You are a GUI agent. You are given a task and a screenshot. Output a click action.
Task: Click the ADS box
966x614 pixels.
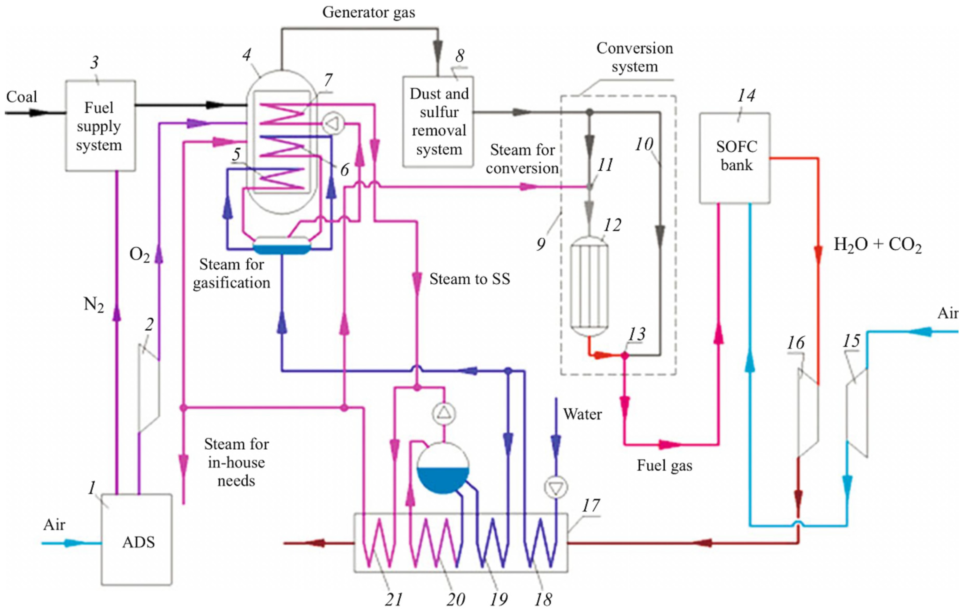coord(136,540)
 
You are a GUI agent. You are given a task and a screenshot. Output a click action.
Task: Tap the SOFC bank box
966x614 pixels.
coord(734,158)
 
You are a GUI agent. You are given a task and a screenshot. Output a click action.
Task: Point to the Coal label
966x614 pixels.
coord(22,97)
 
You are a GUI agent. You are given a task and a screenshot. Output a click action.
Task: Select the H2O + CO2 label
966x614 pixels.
coord(877,244)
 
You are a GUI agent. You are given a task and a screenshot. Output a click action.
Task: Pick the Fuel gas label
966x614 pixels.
coord(664,465)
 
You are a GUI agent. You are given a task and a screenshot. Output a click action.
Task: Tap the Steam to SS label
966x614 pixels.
coord(469,279)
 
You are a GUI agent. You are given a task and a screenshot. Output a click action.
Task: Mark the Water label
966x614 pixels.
coord(582,414)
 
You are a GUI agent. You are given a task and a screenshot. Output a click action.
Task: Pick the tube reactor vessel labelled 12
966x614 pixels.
coord(589,286)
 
